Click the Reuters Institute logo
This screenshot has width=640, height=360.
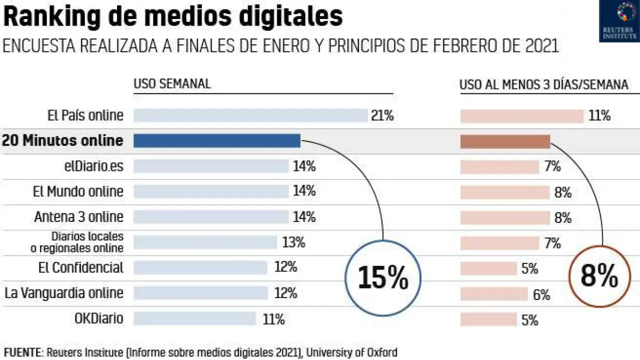tap(619, 20)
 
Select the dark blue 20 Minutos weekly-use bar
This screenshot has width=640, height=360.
tap(217, 141)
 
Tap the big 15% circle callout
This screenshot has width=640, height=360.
tap(383, 278)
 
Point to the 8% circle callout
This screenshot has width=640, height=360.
tap(600, 275)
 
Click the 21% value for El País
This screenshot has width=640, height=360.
tap(382, 116)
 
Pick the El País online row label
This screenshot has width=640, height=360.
tap(85, 115)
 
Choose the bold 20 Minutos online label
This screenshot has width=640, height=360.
tap(62, 140)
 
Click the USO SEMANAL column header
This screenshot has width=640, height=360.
tap(172, 84)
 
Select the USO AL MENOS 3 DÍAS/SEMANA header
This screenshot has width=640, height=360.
tap(543, 85)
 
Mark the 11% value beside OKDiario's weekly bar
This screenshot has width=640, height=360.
tap(273, 319)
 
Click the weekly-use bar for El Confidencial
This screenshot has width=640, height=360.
tap(200, 268)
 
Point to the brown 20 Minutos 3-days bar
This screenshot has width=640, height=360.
tap(505, 141)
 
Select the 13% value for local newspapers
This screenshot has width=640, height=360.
tap(293, 243)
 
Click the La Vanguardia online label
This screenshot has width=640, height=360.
tap(64, 292)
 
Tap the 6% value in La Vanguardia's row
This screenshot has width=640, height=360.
tap(541, 295)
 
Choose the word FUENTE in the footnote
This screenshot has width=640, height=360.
tap(21, 352)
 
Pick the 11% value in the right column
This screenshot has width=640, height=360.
tap(599, 116)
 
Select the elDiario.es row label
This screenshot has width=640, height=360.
tap(90, 166)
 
